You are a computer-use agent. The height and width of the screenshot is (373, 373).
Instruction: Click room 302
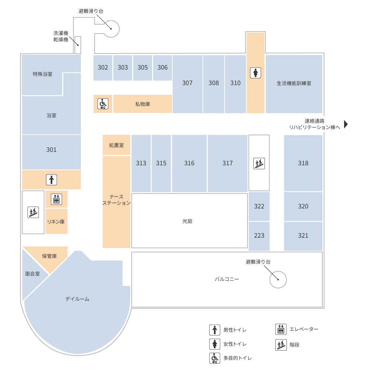103,67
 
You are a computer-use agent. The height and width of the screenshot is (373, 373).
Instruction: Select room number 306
162,67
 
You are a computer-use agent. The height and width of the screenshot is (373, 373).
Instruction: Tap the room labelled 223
259,236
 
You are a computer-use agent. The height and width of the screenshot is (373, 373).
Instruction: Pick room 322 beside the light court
259,206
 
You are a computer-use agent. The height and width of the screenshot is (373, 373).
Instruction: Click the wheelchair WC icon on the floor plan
103,104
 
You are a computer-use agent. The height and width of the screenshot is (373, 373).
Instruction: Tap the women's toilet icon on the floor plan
255,73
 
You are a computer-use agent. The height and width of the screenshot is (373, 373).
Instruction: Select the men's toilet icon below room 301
51,180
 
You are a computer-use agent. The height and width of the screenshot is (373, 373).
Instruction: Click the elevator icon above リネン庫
56,199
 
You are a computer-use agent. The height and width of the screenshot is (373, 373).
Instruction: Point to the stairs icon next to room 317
259,163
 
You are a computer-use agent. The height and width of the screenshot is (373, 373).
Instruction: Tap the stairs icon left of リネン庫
33,212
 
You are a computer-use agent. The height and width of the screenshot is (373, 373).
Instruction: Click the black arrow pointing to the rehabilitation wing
346,124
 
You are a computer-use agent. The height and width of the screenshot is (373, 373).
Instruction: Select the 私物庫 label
142,104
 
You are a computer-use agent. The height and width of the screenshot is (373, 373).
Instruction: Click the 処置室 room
116,145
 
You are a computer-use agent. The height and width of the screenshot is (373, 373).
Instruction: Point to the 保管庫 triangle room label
49,256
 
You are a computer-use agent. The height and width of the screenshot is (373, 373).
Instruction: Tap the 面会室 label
32,274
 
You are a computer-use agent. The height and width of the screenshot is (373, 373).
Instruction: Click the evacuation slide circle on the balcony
278,279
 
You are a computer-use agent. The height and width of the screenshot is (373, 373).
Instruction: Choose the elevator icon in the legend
281,329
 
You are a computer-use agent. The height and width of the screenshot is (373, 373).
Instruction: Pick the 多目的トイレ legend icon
214,358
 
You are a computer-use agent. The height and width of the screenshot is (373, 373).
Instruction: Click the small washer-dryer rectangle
78,45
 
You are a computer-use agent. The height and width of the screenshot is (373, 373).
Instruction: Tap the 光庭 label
187,221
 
